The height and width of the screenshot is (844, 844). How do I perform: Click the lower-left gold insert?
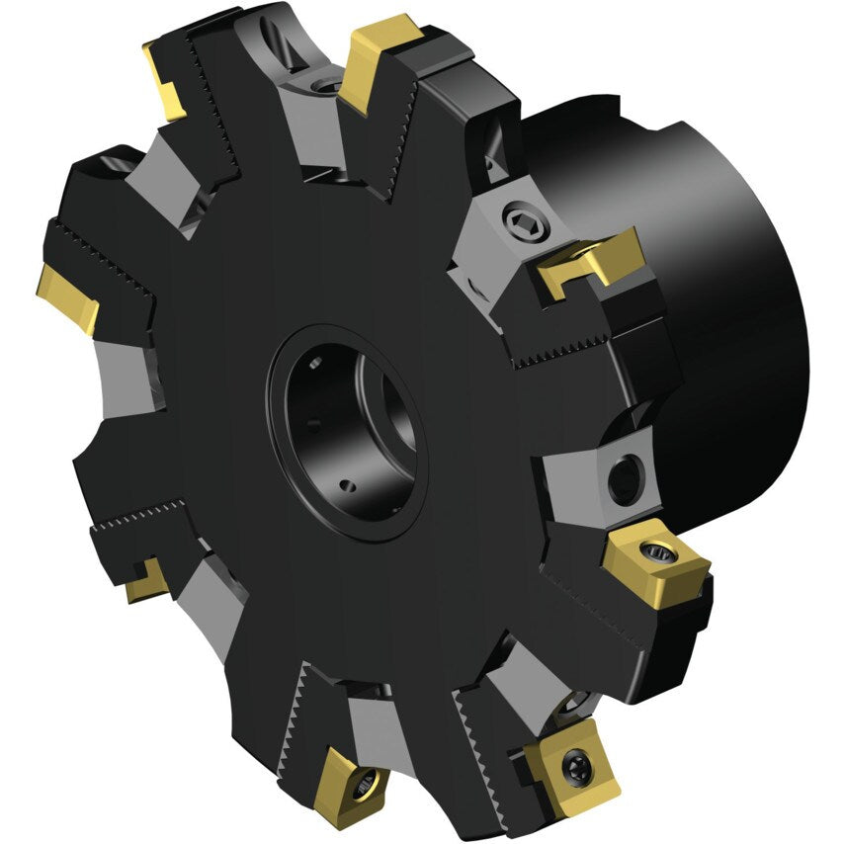pyautogui.click(x=146, y=580)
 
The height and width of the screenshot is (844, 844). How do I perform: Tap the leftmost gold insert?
pyautogui.click(x=69, y=296)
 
